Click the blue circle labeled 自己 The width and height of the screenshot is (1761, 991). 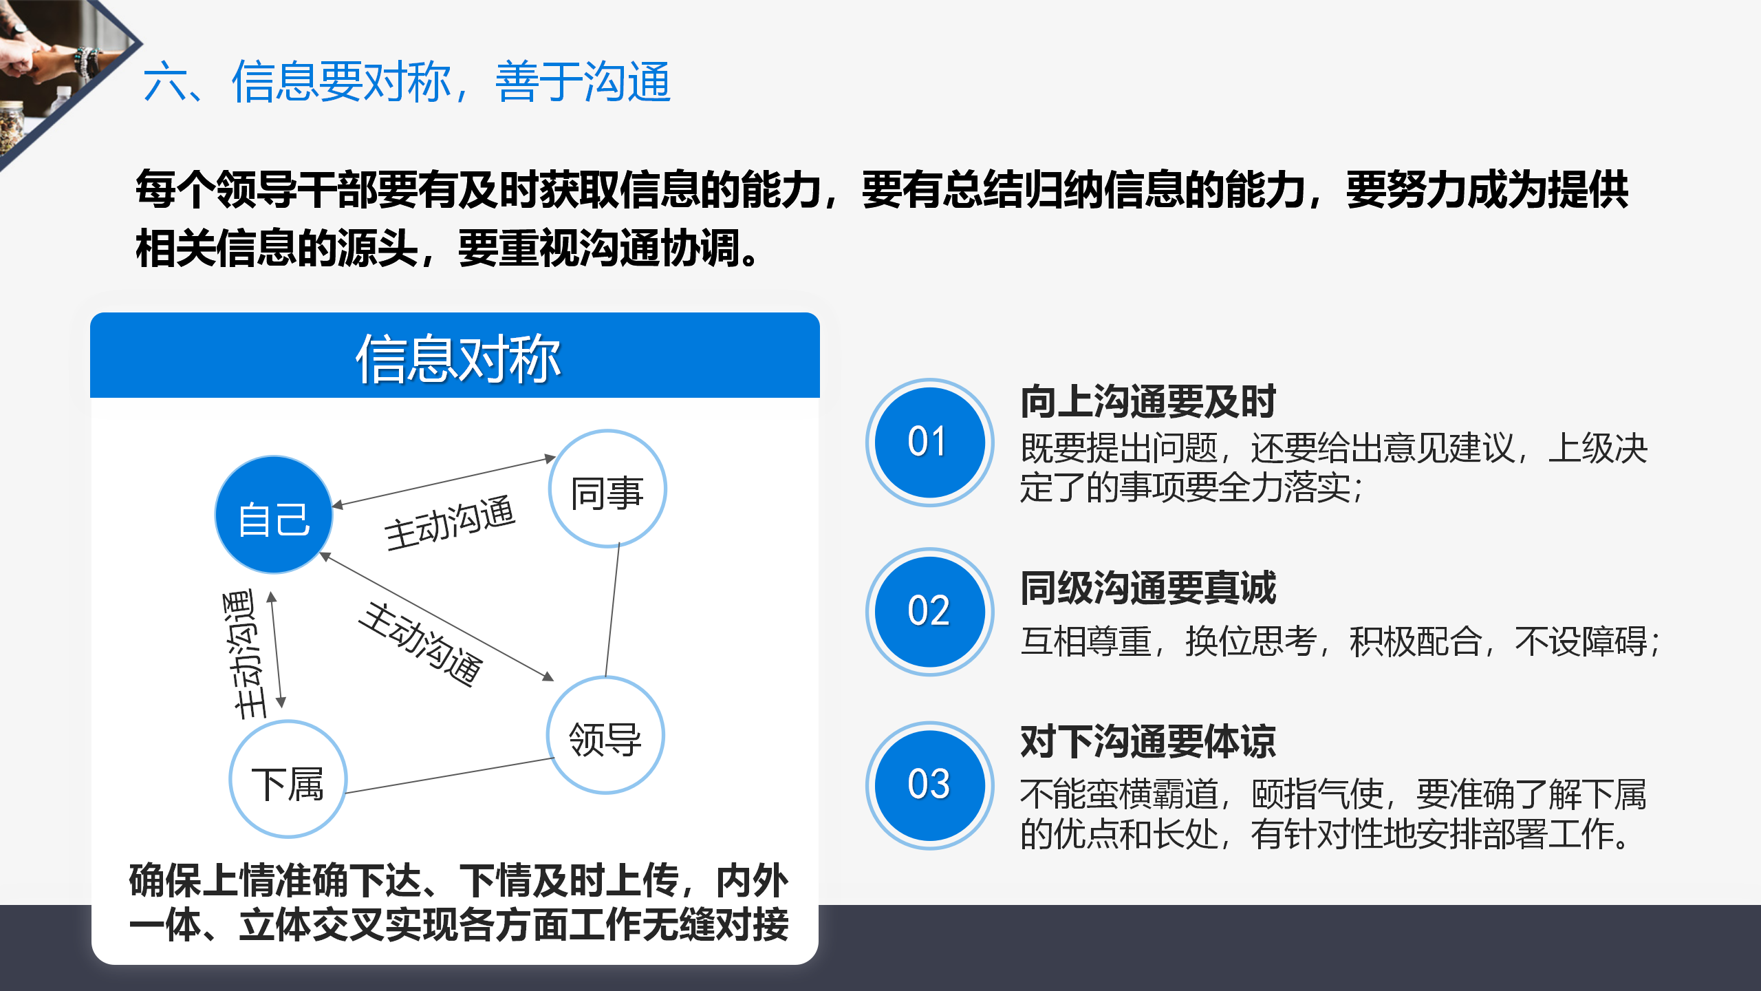[x=274, y=515]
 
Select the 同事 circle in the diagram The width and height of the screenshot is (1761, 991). [x=607, y=489]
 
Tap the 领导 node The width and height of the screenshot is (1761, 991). [x=605, y=735]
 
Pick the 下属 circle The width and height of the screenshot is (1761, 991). [x=288, y=779]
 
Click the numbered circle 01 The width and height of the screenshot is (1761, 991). [x=929, y=442]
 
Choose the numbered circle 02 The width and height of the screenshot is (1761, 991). [x=929, y=611]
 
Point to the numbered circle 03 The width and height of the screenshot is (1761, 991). [x=929, y=785]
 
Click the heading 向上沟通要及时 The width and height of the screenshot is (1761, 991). [x=1148, y=402]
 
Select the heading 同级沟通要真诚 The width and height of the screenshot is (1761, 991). [x=1148, y=588]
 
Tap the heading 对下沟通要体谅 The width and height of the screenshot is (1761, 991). [x=1148, y=742]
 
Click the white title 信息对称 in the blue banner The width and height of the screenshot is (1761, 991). [x=457, y=359]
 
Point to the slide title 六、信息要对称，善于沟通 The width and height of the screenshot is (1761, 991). [x=407, y=82]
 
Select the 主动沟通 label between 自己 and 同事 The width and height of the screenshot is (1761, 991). [x=450, y=522]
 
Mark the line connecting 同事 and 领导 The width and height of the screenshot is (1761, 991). [x=612, y=610]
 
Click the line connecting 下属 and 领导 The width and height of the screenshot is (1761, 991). [x=450, y=776]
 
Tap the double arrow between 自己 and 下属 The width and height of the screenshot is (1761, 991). [x=277, y=650]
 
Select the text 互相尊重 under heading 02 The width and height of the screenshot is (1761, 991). [x=1085, y=641]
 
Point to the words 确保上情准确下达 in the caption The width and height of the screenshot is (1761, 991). [x=274, y=880]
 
